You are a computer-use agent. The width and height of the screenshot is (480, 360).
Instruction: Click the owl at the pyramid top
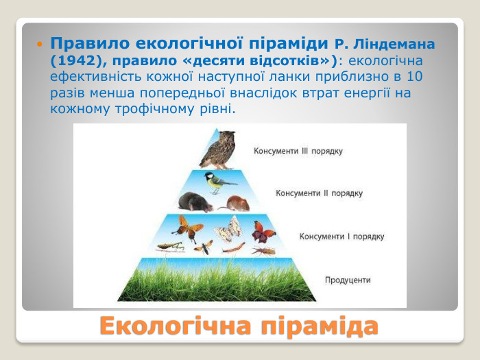point(217,149)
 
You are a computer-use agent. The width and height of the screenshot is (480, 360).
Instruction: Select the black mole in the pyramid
point(191,202)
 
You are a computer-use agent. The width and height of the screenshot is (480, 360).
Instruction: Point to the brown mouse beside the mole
point(237,203)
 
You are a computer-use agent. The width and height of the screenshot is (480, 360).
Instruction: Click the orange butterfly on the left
point(187,227)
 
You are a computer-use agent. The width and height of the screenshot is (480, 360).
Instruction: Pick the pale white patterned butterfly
point(228,228)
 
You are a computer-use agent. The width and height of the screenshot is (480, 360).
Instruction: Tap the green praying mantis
point(170,246)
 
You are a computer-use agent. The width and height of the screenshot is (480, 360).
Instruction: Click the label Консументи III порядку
point(298,151)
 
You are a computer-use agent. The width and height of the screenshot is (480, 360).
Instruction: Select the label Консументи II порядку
point(319,193)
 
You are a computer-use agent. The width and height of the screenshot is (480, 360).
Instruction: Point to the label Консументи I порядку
point(341,237)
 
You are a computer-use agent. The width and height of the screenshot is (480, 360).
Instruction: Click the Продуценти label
point(348,280)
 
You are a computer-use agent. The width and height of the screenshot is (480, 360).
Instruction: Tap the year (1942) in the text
point(76,60)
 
